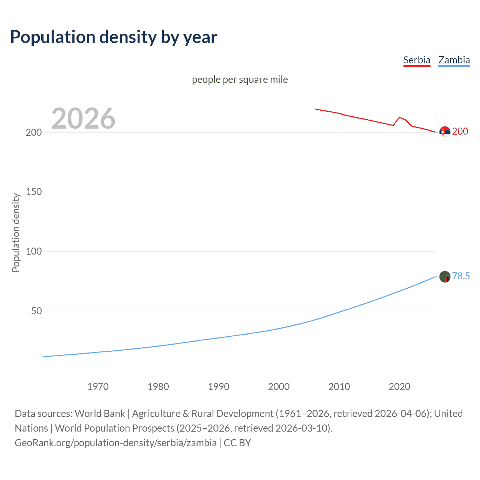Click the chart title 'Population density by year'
click(114, 37)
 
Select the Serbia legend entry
click(417, 60)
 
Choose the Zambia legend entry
click(454, 60)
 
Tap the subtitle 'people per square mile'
click(240, 79)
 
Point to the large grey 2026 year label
click(83, 118)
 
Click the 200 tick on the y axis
click(34, 132)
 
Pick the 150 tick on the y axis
click(34, 192)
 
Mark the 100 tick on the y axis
click(34, 251)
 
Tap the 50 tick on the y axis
click(36, 311)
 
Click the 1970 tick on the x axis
click(98, 387)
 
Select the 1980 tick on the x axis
click(158, 387)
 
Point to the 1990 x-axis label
click(219, 387)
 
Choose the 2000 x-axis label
click(279, 387)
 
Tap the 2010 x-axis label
click(339, 387)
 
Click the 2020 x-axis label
click(400, 387)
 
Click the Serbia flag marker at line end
click(445, 132)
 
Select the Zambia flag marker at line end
click(445, 277)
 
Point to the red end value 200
click(460, 131)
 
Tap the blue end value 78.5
click(461, 276)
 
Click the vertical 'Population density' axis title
click(16, 232)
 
